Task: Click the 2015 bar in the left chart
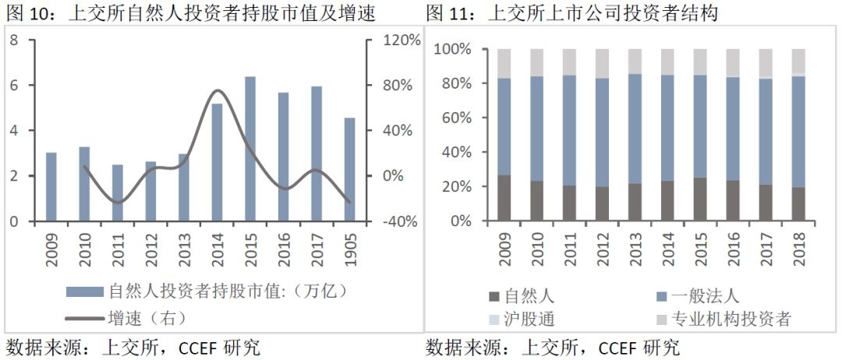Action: tap(250, 149)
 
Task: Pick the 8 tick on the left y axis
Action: tap(14, 40)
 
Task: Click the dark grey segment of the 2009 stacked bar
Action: tap(504, 198)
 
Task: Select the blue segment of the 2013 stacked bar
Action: tap(635, 129)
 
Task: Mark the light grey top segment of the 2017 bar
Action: tap(766, 63)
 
